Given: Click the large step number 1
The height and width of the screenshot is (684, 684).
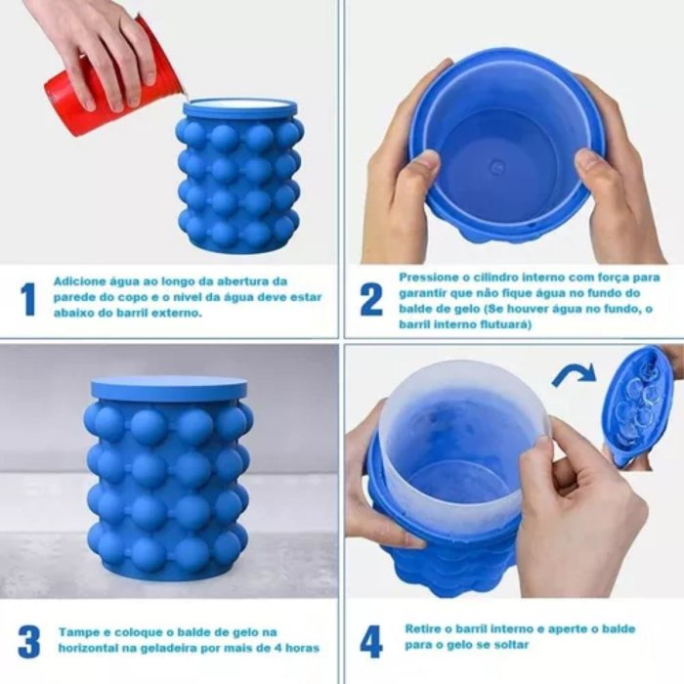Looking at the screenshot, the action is pos(28,299).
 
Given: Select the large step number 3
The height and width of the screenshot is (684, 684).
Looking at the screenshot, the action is pos(28,642).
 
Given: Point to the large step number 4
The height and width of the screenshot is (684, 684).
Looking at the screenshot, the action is pos(371,642).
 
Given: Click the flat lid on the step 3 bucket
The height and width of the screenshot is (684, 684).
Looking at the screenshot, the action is pos(169,389).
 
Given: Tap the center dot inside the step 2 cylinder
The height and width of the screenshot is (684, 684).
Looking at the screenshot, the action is pos(496,166).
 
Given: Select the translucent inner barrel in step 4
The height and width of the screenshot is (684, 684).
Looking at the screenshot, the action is pos(464,441).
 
